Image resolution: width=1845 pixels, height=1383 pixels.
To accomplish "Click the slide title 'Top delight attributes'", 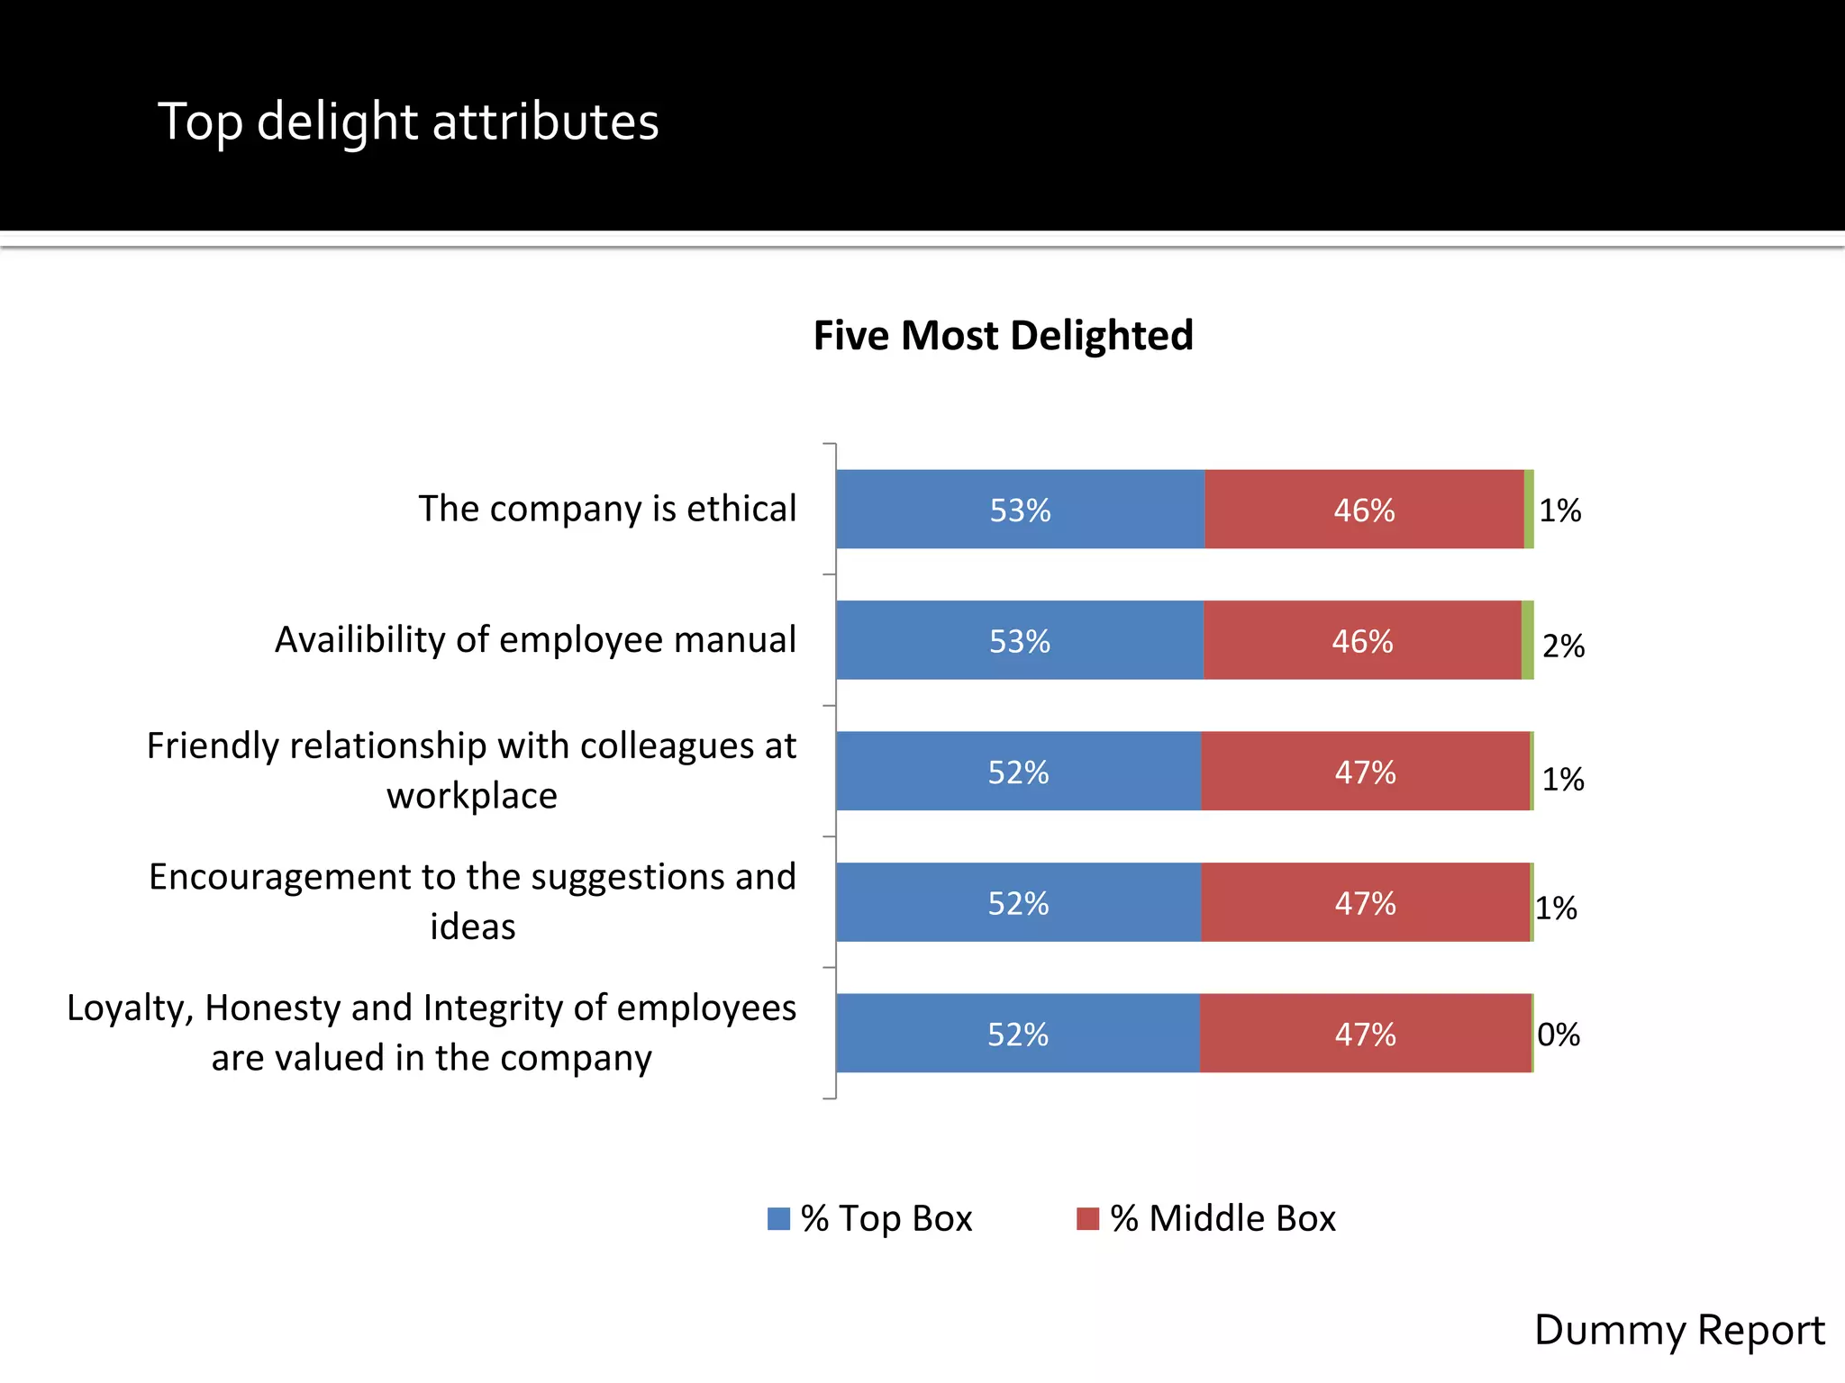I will pyautogui.click(x=408, y=122).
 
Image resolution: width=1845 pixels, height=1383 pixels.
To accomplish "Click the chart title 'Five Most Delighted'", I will pyautogui.click(x=1003, y=336).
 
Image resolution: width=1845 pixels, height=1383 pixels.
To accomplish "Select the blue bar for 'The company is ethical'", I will pyautogui.click(x=1020, y=510).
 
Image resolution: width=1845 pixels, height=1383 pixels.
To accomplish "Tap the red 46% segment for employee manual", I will pyautogui.click(x=1362, y=641).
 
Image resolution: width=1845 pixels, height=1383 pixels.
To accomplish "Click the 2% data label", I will pyautogui.click(x=1563, y=646).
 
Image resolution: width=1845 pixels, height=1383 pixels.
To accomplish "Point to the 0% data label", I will pyautogui.click(x=1559, y=1035).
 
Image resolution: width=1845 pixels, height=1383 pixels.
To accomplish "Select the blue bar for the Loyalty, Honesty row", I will pyautogui.click(x=1018, y=1034).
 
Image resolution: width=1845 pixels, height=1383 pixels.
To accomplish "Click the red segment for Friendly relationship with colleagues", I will pyautogui.click(x=1365, y=772).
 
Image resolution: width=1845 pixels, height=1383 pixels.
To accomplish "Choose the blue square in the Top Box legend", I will pyautogui.click(x=778, y=1219).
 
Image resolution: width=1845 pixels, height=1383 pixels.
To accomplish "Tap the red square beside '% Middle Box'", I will pyautogui.click(x=1087, y=1219).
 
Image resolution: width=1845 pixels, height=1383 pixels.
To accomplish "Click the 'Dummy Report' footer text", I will pyautogui.click(x=1678, y=1330).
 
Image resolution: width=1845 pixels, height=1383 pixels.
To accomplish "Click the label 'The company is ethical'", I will pyautogui.click(x=607, y=509).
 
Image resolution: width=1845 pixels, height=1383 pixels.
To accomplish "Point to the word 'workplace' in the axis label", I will pyautogui.click(x=472, y=796).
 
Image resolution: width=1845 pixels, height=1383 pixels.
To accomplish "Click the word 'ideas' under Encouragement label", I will pyautogui.click(x=472, y=927).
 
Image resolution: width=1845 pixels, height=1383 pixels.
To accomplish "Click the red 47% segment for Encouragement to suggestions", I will pyautogui.click(x=1365, y=903).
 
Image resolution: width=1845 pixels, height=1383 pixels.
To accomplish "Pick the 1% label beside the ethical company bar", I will pyautogui.click(x=1559, y=511).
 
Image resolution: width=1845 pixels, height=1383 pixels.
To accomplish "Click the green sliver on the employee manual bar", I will pyautogui.click(x=1527, y=640).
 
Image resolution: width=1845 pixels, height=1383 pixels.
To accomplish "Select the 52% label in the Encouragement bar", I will pyautogui.click(x=1018, y=903).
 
